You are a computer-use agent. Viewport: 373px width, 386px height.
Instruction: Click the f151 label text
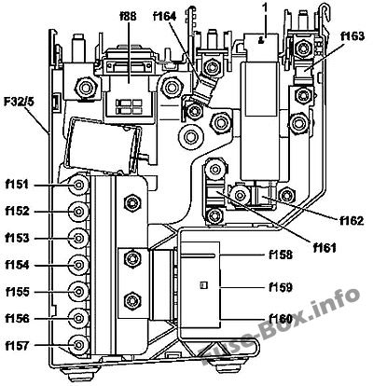pyautogui.click(x=17, y=185)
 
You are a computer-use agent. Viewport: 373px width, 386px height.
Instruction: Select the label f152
pyautogui.click(x=17, y=212)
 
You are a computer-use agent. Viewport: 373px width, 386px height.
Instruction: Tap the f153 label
pyautogui.click(x=17, y=239)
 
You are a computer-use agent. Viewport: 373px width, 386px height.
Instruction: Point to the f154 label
pyautogui.click(x=17, y=265)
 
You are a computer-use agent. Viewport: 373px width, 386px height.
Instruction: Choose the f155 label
pyautogui.click(x=18, y=292)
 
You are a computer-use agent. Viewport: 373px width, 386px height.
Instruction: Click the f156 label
pyautogui.click(x=17, y=319)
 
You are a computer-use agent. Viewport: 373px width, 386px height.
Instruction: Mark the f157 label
pyautogui.click(x=17, y=345)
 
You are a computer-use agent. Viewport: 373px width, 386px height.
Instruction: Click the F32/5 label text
pyautogui.click(x=19, y=102)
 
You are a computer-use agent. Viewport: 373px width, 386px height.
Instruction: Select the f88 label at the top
pyautogui.click(x=128, y=16)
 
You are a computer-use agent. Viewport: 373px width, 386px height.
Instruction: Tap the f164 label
pyautogui.click(x=165, y=16)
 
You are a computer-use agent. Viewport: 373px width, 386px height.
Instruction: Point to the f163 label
pyautogui.click(x=352, y=36)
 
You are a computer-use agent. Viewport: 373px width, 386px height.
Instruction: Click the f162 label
pyautogui.click(x=352, y=221)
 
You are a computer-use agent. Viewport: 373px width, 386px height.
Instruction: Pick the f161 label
pyautogui.click(x=325, y=248)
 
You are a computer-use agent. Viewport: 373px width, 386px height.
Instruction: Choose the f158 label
pyautogui.click(x=281, y=255)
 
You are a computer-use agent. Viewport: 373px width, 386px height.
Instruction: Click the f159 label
pyautogui.click(x=281, y=287)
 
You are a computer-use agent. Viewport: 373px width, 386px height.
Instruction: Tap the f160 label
pyautogui.click(x=281, y=319)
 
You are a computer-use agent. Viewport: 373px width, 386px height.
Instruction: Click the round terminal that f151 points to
pyautogui.click(x=78, y=186)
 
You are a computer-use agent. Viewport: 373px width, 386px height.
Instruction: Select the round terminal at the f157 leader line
pyautogui.click(x=78, y=345)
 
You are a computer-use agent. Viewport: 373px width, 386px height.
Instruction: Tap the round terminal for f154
pyautogui.click(x=78, y=265)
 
